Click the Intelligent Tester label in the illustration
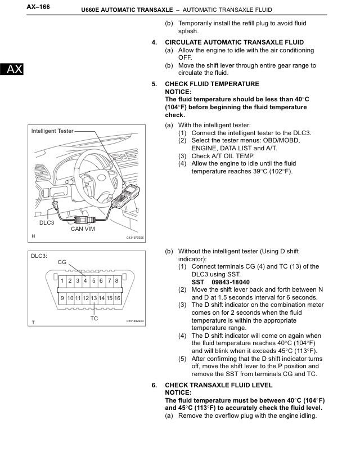tap(52, 131)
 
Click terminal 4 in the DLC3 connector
tap(85, 280)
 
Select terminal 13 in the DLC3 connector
tap(94, 297)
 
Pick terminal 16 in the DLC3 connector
tap(117, 297)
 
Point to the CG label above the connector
tap(62, 262)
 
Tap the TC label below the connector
tap(94, 318)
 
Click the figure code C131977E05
tap(135, 238)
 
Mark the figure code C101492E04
tap(135, 321)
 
